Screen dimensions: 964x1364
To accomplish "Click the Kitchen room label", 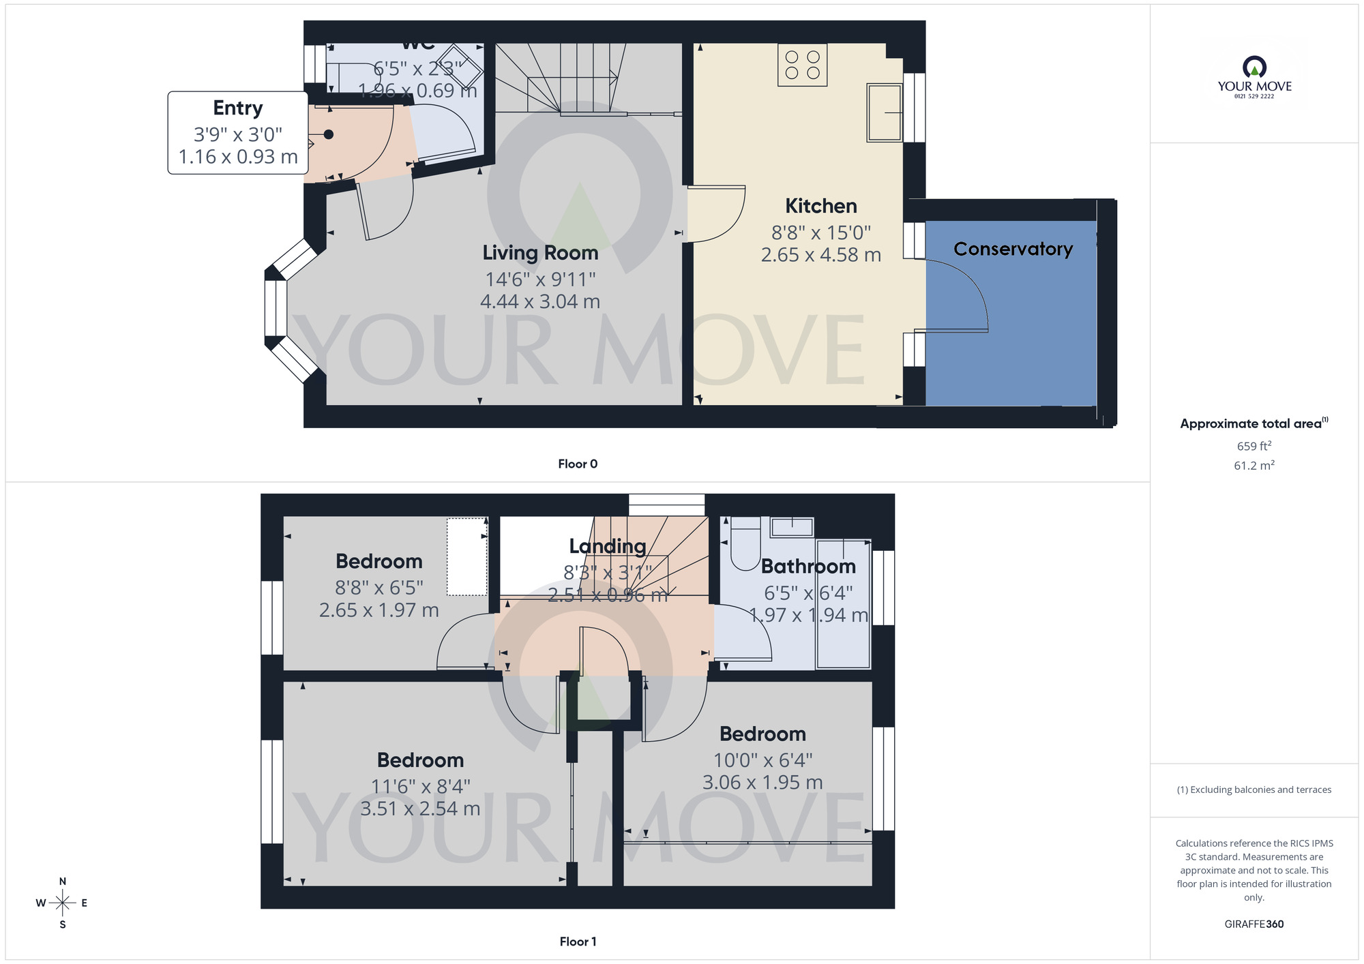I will (820, 206).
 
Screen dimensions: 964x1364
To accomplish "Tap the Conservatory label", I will (1013, 249).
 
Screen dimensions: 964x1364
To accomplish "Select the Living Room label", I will (540, 253).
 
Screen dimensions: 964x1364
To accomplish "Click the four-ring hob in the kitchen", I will (802, 65).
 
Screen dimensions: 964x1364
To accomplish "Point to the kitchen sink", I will (884, 112).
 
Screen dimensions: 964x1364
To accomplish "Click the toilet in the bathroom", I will (745, 543).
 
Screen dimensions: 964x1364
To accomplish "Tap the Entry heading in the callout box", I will (237, 108).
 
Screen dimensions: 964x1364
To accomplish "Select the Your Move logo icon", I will (1254, 67).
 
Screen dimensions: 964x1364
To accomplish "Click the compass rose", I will (63, 903).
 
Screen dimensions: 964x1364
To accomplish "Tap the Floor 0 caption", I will (578, 464).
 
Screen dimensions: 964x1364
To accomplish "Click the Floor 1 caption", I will (578, 942).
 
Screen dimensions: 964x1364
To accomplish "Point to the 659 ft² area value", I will (1254, 446).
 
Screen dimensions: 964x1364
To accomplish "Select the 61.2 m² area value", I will (1254, 466).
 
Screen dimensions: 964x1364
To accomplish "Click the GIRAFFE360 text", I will (1254, 924).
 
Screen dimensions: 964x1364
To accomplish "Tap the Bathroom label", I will (808, 567).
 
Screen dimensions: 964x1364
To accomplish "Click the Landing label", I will (608, 546).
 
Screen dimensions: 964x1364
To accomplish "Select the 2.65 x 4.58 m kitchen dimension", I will (820, 255).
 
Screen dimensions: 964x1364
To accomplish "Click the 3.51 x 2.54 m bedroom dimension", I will (420, 809).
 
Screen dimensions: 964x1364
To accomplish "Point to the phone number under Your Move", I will (1254, 97).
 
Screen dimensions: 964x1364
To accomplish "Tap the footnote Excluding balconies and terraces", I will (1254, 790).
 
